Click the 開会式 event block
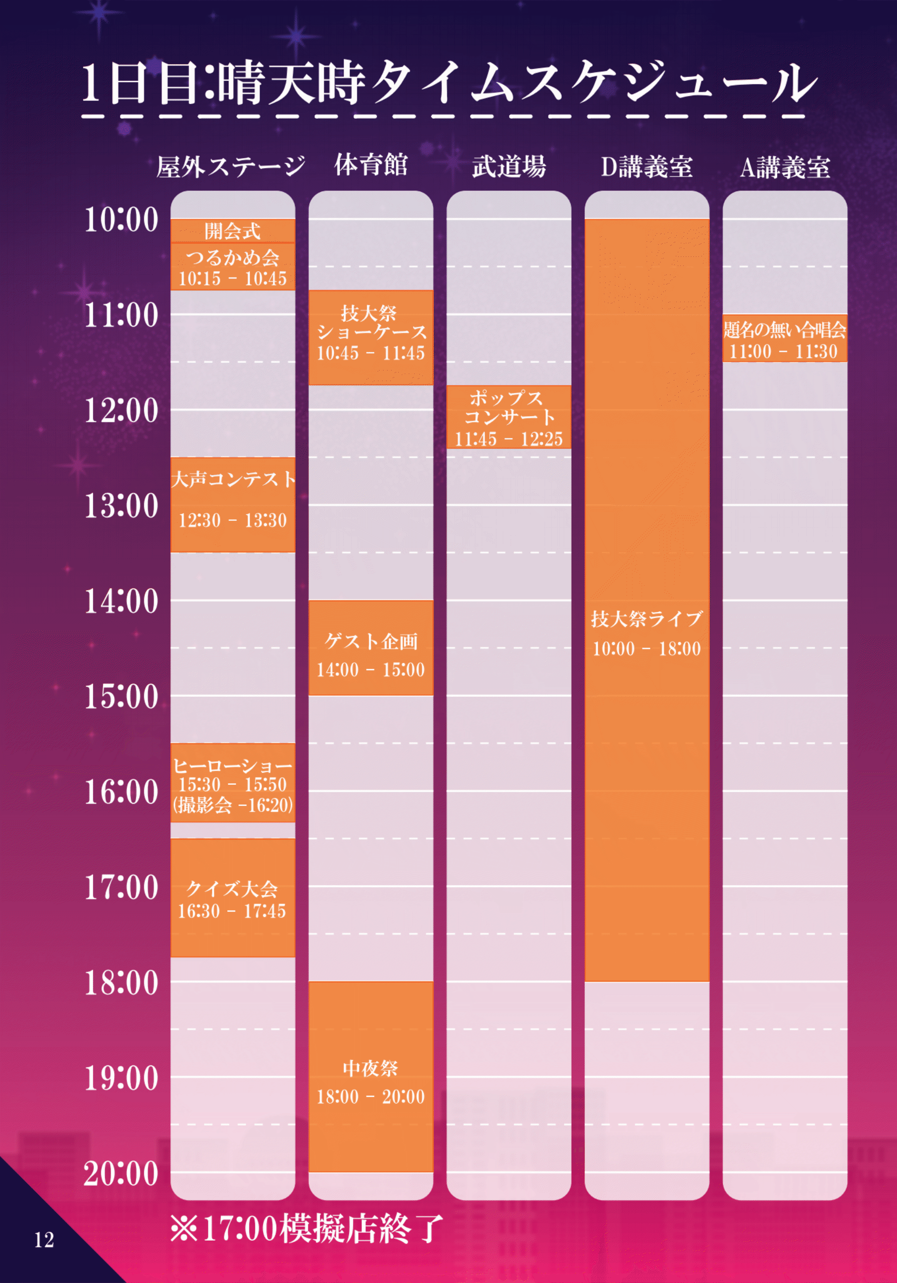point(232,231)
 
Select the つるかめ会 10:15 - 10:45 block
point(232,267)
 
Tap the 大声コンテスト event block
point(232,504)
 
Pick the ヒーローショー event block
point(232,782)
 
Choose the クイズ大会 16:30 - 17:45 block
point(232,898)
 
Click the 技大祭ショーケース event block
point(371,337)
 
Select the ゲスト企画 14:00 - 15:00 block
point(371,648)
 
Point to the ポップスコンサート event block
point(508,417)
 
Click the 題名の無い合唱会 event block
point(785,338)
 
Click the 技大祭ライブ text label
point(647,618)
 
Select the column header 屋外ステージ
point(231,166)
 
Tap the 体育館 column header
point(371,165)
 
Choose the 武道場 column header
point(508,166)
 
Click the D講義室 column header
point(647,166)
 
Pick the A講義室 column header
point(785,166)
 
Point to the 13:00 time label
point(121,506)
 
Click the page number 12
point(44,1240)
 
